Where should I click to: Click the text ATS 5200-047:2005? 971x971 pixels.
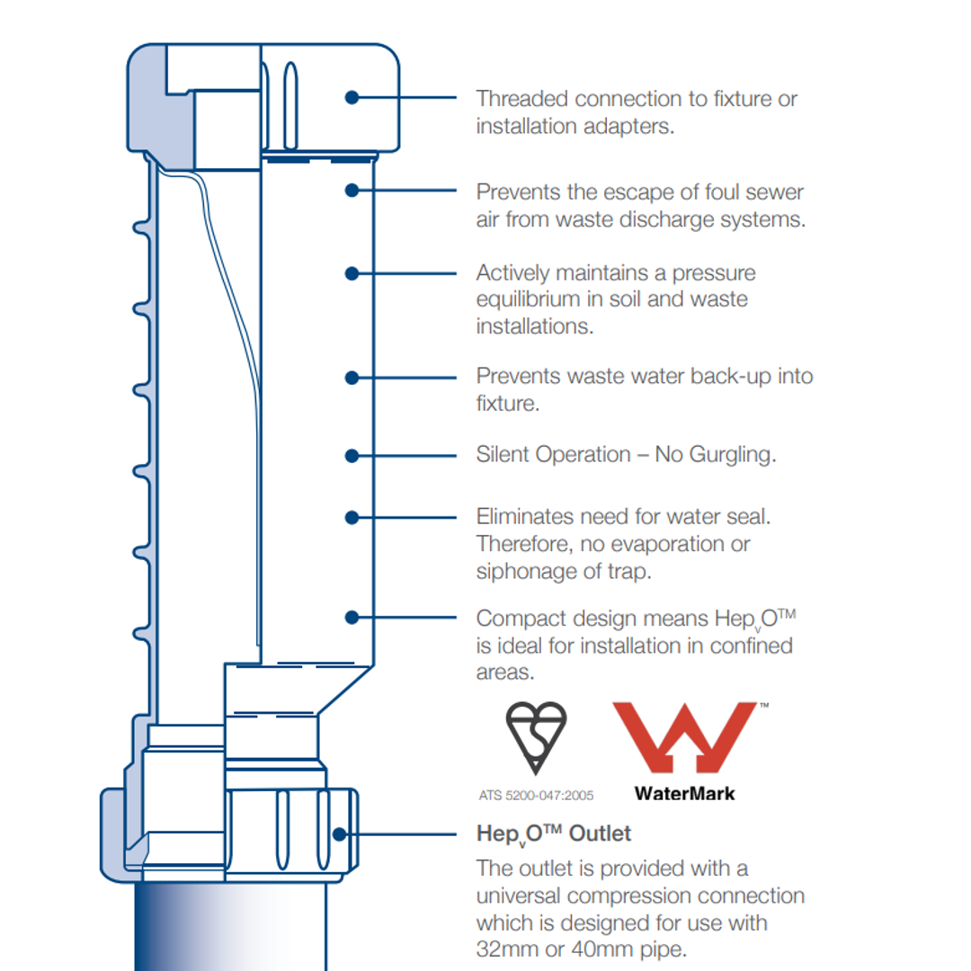point(536,795)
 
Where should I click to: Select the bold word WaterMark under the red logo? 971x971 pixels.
point(684,793)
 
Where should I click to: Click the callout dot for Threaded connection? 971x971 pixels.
point(352,97)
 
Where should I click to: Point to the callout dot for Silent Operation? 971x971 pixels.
point(352,456)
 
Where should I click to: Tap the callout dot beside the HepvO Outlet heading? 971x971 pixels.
point(339,834)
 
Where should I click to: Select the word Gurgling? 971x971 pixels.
point(732,455)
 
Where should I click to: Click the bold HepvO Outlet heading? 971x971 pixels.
point(553,834)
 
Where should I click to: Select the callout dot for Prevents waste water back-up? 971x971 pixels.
point(352,378)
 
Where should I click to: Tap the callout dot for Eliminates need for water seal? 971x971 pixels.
point(352,518)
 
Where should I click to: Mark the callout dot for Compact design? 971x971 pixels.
point(352,618)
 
